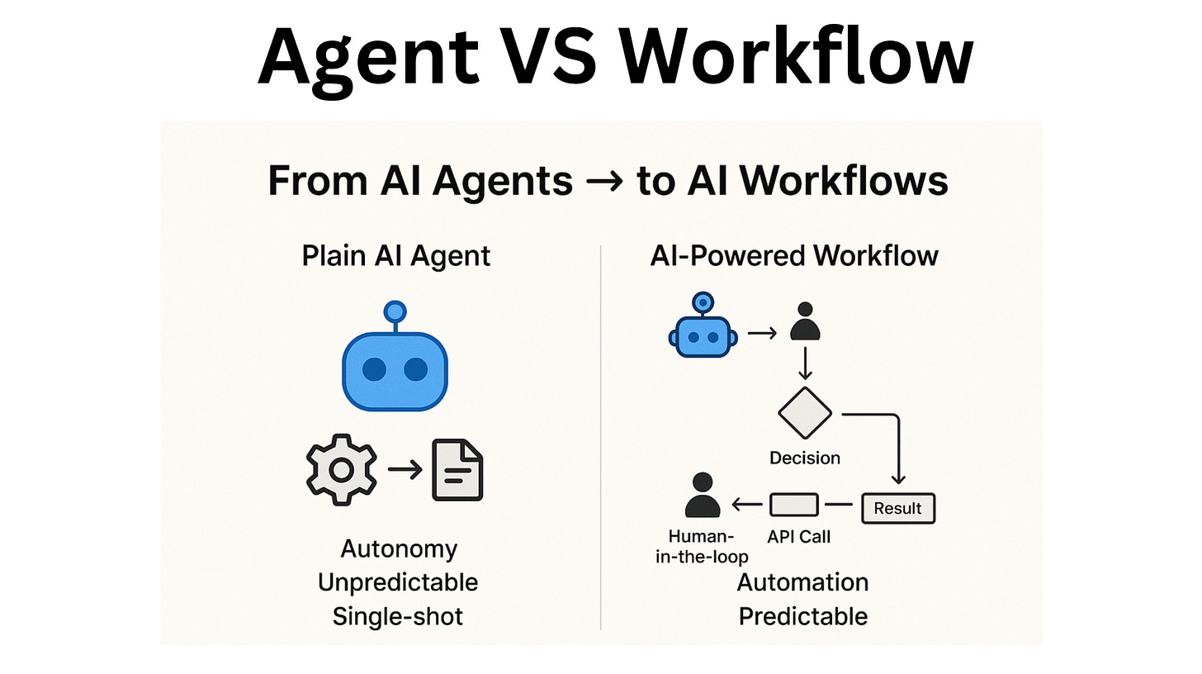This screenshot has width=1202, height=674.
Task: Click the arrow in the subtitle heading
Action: (604, 182)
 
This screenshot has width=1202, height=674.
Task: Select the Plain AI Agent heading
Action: (396, 255)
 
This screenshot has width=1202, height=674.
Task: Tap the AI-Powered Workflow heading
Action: (794, 255)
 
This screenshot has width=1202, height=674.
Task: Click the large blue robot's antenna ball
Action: (395, 312)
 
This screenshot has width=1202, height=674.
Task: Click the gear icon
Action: (342, 469)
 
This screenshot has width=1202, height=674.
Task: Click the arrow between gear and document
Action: (405, 469)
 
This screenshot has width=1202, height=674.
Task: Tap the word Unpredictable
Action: (398, 582)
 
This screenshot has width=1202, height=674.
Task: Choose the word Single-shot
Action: (398, 616)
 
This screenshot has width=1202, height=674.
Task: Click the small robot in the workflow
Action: (701, 332)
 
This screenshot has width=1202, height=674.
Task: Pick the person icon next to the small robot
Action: (805, 322)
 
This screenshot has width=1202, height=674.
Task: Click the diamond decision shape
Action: (805, 413)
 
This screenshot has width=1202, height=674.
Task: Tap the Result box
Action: (898, 508)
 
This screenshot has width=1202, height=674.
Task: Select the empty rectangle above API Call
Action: (794, 505)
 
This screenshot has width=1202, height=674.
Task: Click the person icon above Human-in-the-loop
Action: (703, 496)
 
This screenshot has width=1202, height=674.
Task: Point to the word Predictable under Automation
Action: (802, 616)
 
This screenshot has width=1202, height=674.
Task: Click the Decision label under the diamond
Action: (805, 457)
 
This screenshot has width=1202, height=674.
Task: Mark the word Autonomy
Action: (399, 548)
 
